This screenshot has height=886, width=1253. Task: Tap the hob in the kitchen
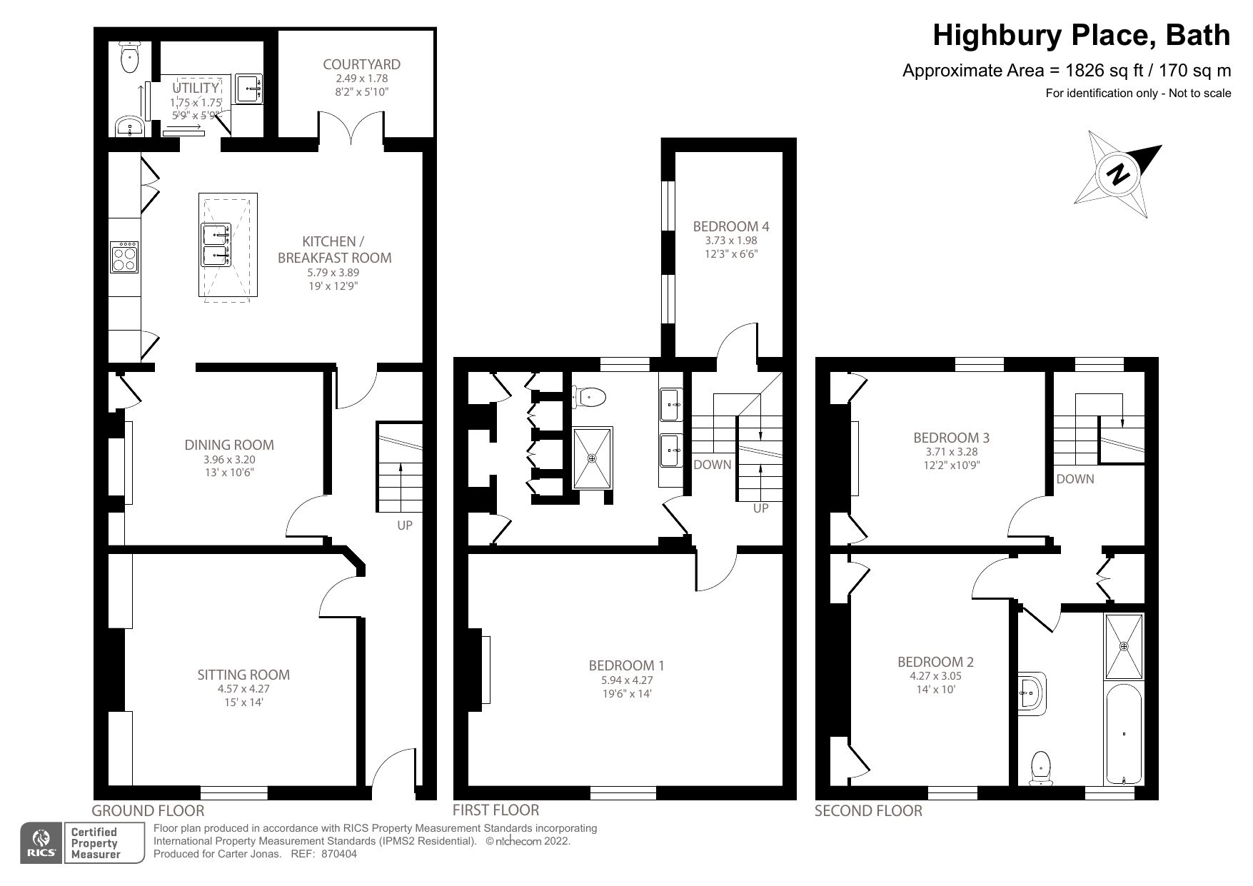tap(124, 258)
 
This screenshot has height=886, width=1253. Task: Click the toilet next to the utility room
tap(130, 58)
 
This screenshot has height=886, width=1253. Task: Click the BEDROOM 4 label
tap(731, 226)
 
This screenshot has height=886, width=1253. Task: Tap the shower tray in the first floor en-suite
tap(592, 458)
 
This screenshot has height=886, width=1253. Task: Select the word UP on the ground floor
tap(405, 525)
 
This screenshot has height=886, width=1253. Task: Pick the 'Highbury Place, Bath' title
tap(1081, 35)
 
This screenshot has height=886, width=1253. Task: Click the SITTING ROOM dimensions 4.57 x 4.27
tap(243, 689)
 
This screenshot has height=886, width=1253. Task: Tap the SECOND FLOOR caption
tap(868, 811)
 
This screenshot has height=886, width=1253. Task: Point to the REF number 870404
tap(341, 854)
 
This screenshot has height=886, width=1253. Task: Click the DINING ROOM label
tap(229, 445)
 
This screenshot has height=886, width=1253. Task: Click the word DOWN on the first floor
tap(712, 465)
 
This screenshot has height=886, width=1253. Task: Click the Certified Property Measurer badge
tap(94, 843)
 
